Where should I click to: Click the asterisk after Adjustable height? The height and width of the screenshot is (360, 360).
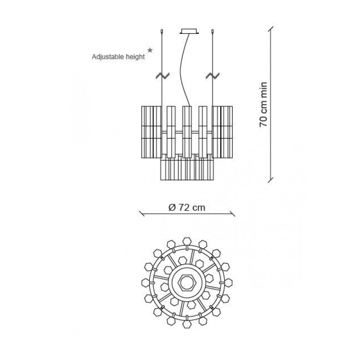150,50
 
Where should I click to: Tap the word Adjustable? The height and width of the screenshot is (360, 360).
108,57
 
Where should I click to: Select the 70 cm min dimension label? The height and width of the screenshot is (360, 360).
263,104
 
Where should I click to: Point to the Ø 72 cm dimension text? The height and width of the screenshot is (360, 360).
187,207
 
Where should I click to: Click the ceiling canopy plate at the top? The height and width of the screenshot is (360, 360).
189,31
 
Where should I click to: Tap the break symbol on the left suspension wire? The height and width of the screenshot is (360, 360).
162,76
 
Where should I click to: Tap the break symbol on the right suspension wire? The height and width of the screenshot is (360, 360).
212,76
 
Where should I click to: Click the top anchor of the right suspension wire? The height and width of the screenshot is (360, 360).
212,31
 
